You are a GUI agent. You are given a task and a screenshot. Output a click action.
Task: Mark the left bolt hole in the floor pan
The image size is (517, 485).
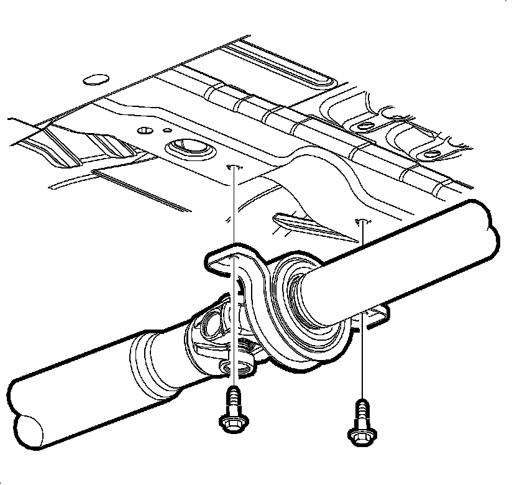click(234, 167)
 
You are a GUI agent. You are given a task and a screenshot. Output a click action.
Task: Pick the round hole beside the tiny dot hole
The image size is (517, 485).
click(144, 131)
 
